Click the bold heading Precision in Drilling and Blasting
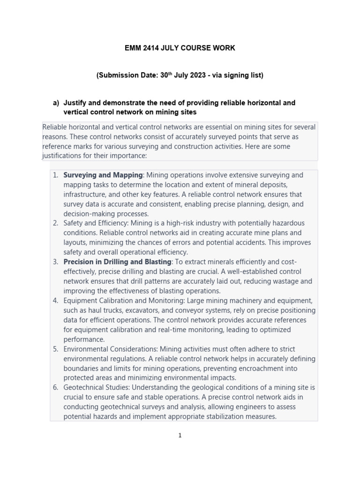118,262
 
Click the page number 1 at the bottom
180,435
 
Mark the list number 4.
55,300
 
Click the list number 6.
55,388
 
